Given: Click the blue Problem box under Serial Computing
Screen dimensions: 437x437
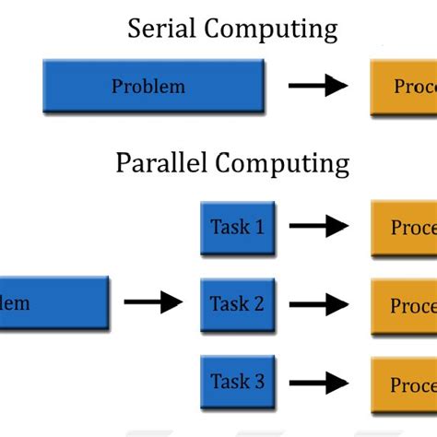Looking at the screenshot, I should pyautogui.click(x=153, y=87).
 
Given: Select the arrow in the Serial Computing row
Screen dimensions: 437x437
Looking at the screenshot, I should pyautogui.click(x=318, y=87).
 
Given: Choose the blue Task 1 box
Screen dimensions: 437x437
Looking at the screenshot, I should pyautogui.click(x=238, y=227).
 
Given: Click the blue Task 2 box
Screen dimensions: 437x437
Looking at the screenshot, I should pyautogui.click(x=238, y=303).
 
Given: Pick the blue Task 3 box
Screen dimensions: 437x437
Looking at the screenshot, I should pyautogui.click(x=238, y=382).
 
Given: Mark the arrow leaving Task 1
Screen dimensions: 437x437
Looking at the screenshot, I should pyautogui.click(x=318, y=227).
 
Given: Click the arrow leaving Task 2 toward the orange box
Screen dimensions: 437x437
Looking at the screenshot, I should pyautogui.click(x=318, y=303).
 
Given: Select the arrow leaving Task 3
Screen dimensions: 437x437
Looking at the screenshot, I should pyautogui.click(x=318, y=382).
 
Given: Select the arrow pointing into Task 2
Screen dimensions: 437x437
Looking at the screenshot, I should pyautogui.click(x=154, y=301).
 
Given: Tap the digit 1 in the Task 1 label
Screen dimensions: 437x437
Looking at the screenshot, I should pyautogui.click(x=259, y=227).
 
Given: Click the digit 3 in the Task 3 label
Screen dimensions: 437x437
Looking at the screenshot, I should pyautogui.click(x=259, y=382).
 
